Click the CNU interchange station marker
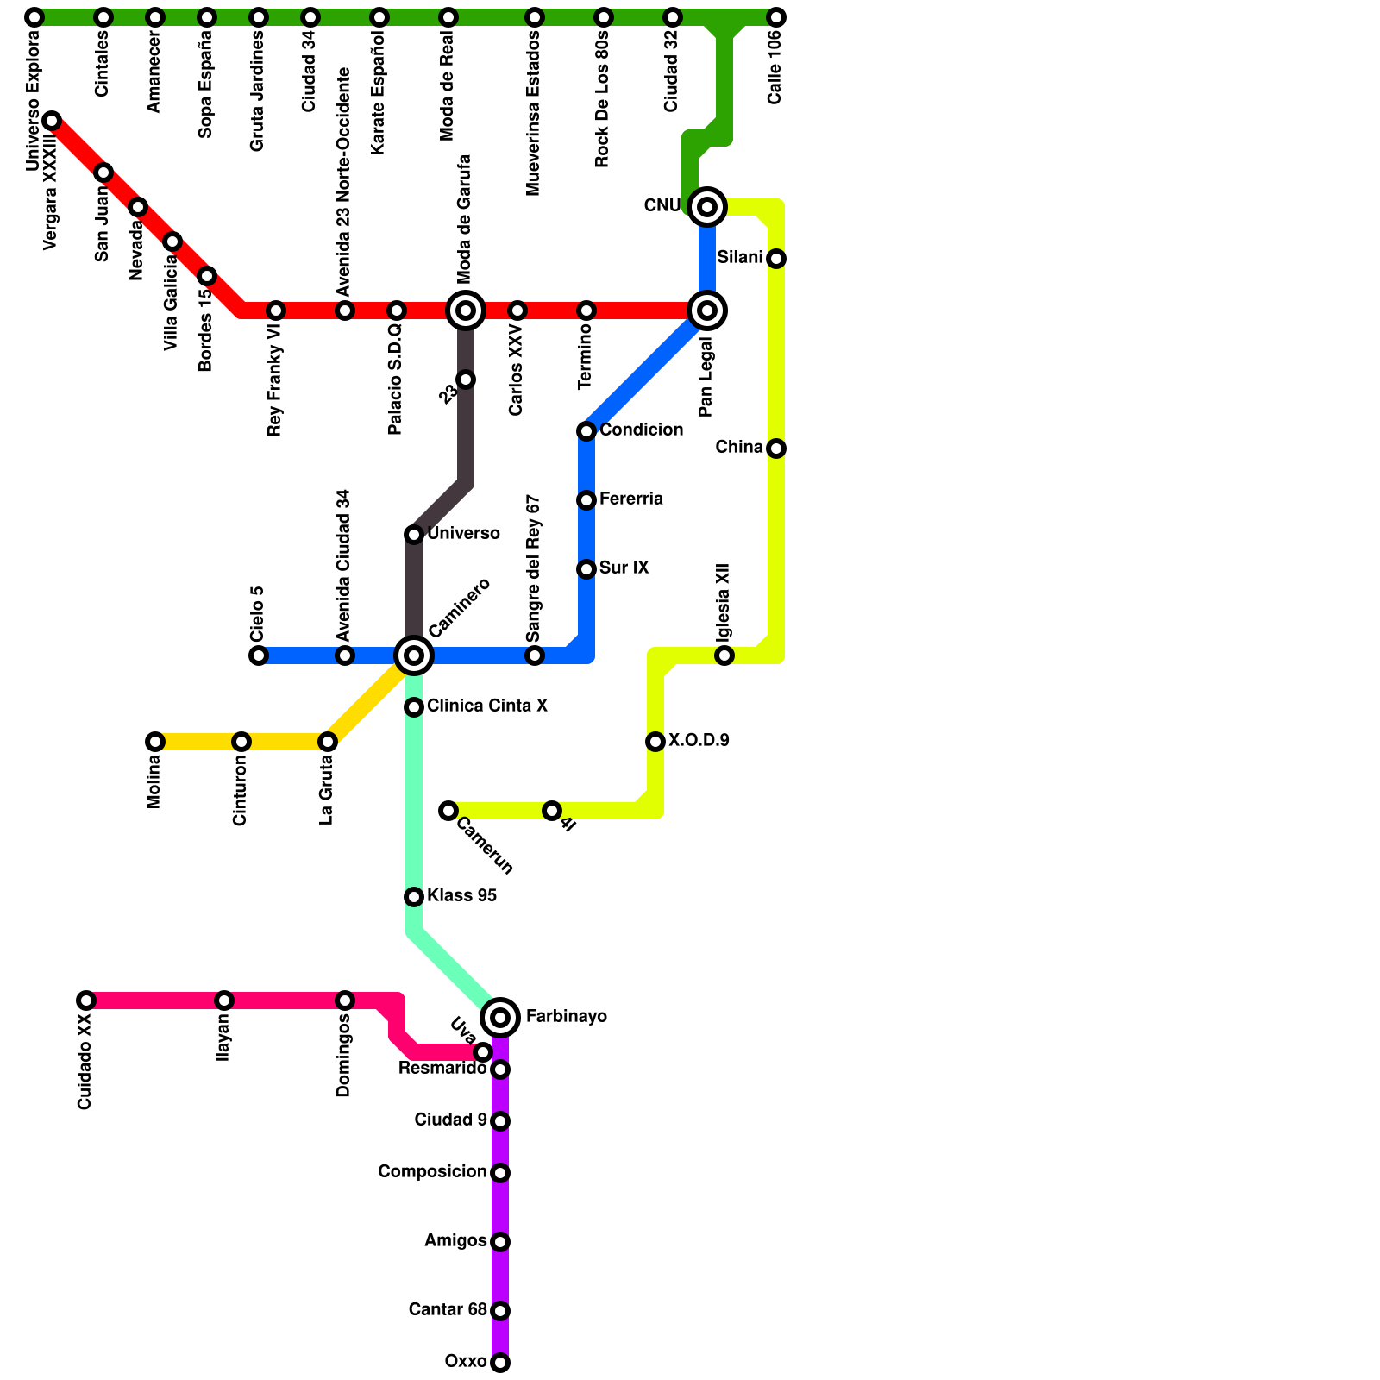tap(707, 207)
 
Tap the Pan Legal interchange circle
tap(707, 310)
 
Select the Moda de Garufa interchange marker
tap(466, 310)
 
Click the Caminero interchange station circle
tap(414, 655)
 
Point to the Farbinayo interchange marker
tap(500, 1018)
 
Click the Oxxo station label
tap(466, 1362)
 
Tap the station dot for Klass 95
tap(414, 897)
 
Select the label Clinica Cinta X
tap(486, 706)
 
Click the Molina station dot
tap(155, 742)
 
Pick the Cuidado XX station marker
tap(86, 1000)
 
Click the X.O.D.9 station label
tap(699, 741)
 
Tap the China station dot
tap(776, 448)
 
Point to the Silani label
tap(739, 258)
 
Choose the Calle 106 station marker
tap(776, 17)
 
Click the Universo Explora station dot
tap(34, 17)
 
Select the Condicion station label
tap(641, 430)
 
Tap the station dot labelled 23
tap(466, 379)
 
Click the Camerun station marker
tap(448, 811)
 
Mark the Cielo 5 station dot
tap(259, 655)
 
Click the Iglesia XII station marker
tap(724, 655)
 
